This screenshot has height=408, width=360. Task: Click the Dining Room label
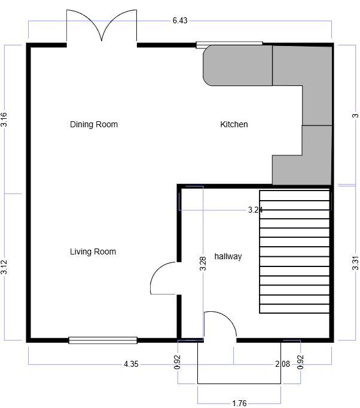(94, 124)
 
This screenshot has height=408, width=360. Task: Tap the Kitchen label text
(234, 124)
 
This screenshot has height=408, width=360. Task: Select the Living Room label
(93, 251)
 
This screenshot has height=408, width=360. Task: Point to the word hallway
(228, 256)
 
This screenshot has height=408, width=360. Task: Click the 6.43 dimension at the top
(180, 21)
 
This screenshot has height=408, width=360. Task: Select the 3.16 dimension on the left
(4, 119)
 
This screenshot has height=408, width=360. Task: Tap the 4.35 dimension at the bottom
(131, 364)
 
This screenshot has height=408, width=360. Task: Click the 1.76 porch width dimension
(239, 403)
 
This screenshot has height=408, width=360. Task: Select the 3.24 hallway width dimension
(256, 210)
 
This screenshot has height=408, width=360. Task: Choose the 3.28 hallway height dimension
(203, 264)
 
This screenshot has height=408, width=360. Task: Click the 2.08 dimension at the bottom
(283, 364)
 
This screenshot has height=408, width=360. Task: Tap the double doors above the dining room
(102, 27)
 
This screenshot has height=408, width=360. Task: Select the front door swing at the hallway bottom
(219, 326)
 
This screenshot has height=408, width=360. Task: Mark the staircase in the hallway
(294, 251)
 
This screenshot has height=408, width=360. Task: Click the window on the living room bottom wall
(103, 340)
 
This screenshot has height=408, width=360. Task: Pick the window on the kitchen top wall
(230, 44)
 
